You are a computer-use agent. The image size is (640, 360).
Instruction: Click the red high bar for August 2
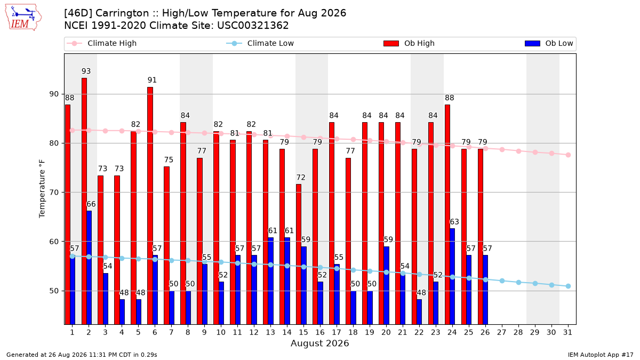[84, 201]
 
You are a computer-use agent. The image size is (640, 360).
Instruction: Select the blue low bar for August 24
[452, 276]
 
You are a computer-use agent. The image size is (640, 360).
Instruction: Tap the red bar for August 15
[299, 254]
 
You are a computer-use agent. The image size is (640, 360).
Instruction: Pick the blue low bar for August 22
[419, 311]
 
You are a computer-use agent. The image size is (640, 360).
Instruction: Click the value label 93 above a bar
[86, 71]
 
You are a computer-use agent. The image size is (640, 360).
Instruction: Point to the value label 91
[152, 80]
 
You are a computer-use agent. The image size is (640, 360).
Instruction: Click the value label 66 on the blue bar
[91, 204]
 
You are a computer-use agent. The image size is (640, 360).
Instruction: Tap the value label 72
[301, 178]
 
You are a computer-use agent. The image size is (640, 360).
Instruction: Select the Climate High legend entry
[101, 43]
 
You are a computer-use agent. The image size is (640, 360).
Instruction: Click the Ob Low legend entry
[549, 43]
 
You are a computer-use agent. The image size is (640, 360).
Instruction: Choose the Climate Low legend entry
[260, 43]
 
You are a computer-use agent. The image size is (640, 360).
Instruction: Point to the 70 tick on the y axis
[54, 193]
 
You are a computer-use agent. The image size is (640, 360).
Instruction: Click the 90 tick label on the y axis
[54, 94]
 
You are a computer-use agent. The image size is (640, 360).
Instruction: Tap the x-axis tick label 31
[567, 332]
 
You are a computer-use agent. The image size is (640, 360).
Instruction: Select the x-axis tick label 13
[270, 332]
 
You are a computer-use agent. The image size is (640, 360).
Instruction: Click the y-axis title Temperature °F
[42, 189]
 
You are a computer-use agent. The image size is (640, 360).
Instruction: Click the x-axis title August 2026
[319, 343]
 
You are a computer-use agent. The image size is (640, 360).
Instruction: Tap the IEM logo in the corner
[23, 18]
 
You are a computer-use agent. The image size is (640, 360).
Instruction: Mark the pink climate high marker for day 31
[569, 155]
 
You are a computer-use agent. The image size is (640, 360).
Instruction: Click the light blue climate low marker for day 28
[518, 282]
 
